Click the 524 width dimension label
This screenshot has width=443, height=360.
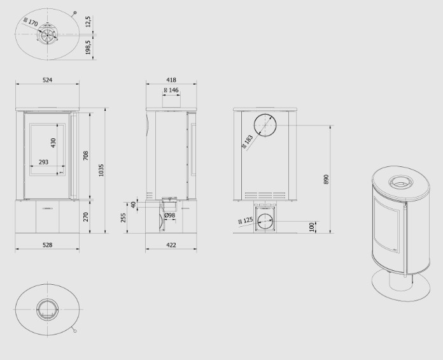click(x=48, y=80)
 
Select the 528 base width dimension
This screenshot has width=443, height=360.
click(x=48, y=245)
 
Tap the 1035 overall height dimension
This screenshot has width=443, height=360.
click(x=101, y=170)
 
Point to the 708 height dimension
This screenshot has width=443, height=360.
click(x=86, y=156)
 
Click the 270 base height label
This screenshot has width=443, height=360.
click(x=86, y=217)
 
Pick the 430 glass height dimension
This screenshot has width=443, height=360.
click(x=53, y=143)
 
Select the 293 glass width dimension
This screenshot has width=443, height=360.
click(x=43, y=162)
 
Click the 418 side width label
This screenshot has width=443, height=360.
click(x=171, y=80)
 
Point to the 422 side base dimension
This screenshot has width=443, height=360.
click(x=171, y=245)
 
